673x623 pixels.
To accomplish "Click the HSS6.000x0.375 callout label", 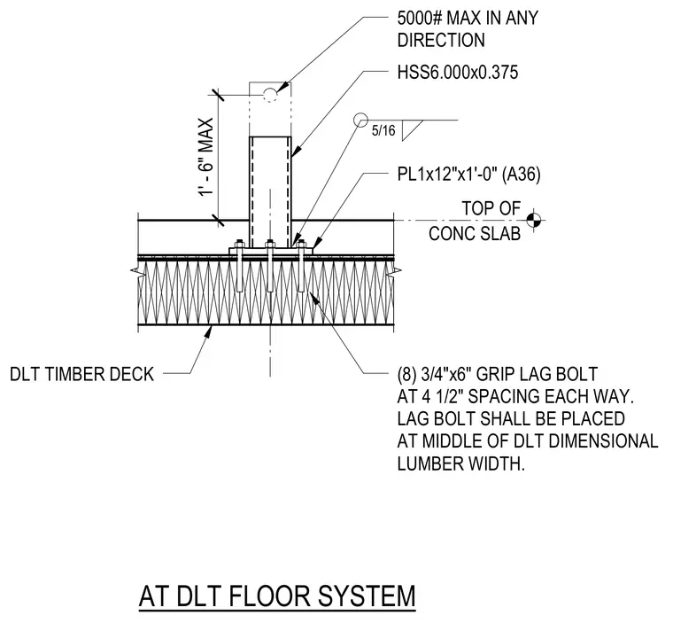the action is coord(458,72).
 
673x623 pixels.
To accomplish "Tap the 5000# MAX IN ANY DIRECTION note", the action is coord(468,28).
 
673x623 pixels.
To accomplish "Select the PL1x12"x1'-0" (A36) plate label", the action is coord(468,175).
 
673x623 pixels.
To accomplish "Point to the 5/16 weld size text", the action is coord(383,130).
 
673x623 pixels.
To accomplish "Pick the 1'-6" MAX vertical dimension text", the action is coord(206,157).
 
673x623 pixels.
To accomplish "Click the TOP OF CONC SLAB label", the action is coord(475,221).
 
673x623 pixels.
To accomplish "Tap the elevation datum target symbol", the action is coord(533,221).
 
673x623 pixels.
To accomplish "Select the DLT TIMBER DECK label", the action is coord(81,374).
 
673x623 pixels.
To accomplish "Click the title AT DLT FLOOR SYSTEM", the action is coord(277,596).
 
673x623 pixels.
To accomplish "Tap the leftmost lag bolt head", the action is coord(239,244).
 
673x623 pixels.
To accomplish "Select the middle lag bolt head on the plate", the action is coord(269,244).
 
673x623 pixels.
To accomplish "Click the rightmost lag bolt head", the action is coord(301,244).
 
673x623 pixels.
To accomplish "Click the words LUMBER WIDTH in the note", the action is coord(461,463).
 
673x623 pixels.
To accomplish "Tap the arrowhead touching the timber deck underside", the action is coord(209,331).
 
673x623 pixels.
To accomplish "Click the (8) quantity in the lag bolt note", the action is coord(406,374).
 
